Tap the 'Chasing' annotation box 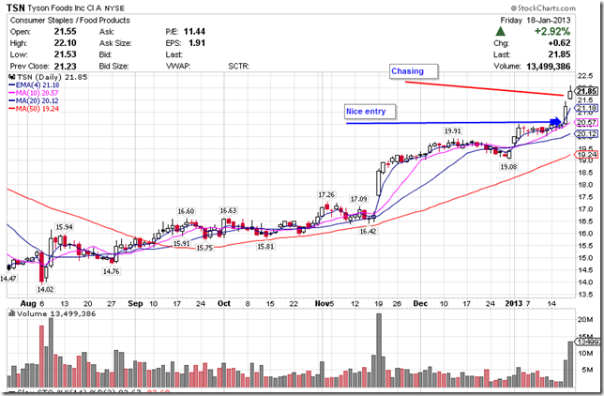point(408,71)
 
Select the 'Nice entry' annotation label point(364,112)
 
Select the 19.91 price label point(453,131)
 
